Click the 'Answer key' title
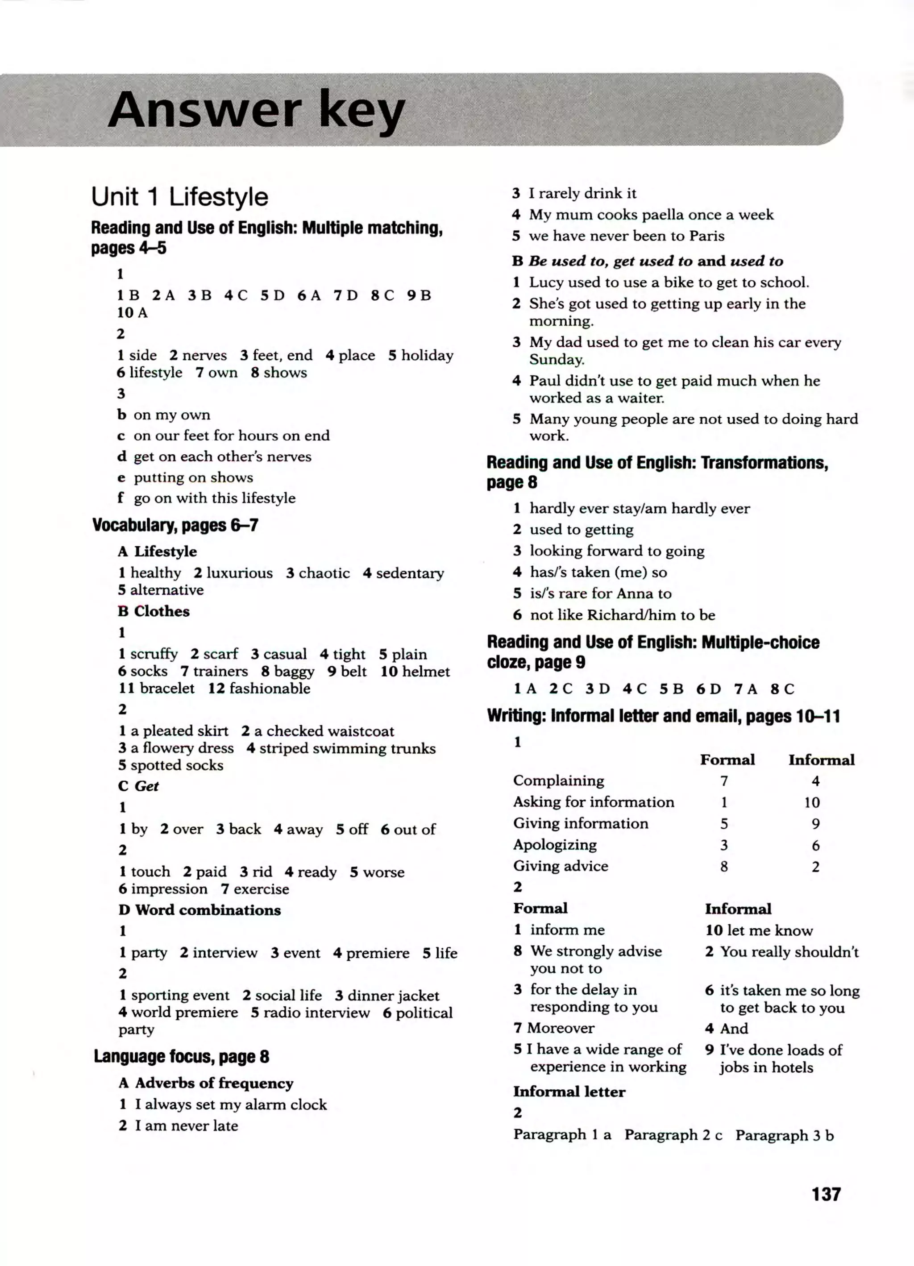click(256, 109)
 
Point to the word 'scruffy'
click(154, 654)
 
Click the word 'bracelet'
click(167, 688)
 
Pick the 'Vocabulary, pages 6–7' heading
click(175, 525)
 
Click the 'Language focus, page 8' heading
click(182, 1057)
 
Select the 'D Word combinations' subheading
click(199, 910)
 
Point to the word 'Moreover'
click(561, 1028)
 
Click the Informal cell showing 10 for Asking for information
click(812, 802)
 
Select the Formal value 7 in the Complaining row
click(724, 781)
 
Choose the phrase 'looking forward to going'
click(616, 551)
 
